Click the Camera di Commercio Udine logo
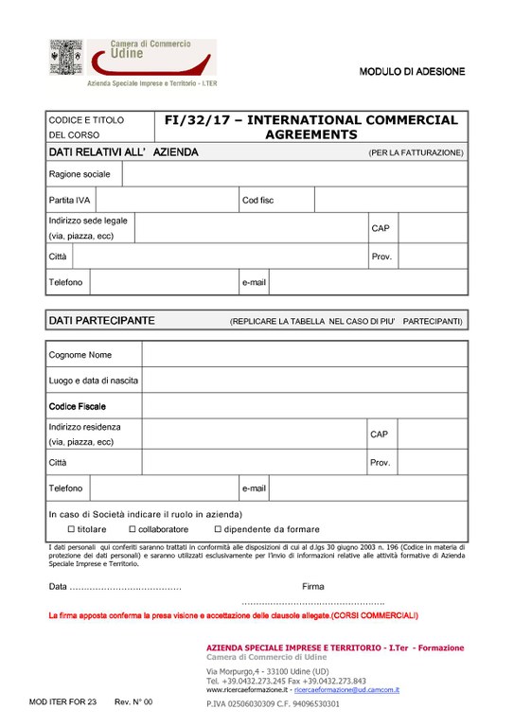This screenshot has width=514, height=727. click(132, 62)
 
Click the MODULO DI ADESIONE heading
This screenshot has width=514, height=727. click(412, 72)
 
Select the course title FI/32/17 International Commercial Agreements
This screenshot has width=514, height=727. click(310, 128)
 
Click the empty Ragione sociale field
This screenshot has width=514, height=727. click(294, 174)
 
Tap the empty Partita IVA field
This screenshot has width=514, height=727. click(167, 201)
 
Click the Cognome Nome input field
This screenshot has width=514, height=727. click(304, 355)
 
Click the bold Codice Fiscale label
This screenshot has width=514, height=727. click(78, 406)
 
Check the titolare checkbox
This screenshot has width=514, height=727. click(71, 529)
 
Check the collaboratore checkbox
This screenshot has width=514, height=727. click(132, 529)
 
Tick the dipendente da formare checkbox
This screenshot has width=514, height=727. click(217, 529)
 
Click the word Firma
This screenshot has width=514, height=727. click(312, 587)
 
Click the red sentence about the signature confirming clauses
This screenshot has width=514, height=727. click(233, 615)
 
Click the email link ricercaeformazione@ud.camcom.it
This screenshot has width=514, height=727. click(353, 690)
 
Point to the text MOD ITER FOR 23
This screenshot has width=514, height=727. click(63, 701)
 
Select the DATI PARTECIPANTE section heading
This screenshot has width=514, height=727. click(101, 321)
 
